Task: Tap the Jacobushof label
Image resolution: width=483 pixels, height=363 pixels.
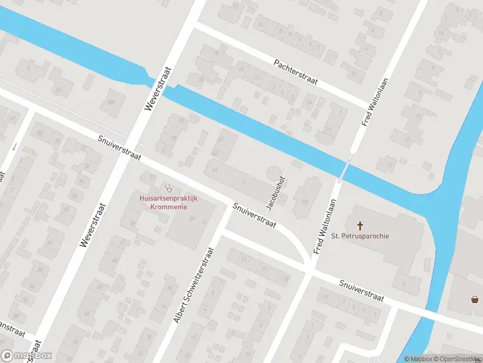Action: tap(277, 192)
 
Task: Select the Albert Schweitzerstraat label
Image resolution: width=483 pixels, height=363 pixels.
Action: tap(194, 284)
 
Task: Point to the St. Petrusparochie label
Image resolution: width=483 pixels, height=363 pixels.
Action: tap(360, 235)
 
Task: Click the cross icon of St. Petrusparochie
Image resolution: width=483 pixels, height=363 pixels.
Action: tap(360, 225)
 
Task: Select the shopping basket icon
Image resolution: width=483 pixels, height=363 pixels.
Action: tap(475, 299)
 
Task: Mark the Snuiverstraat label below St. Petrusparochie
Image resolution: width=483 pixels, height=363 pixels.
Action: tap(362, 290)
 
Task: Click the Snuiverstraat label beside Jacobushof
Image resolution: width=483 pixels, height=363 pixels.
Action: tap(254, 215)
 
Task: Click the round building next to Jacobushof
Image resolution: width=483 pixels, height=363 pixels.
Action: tap(274, 172)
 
